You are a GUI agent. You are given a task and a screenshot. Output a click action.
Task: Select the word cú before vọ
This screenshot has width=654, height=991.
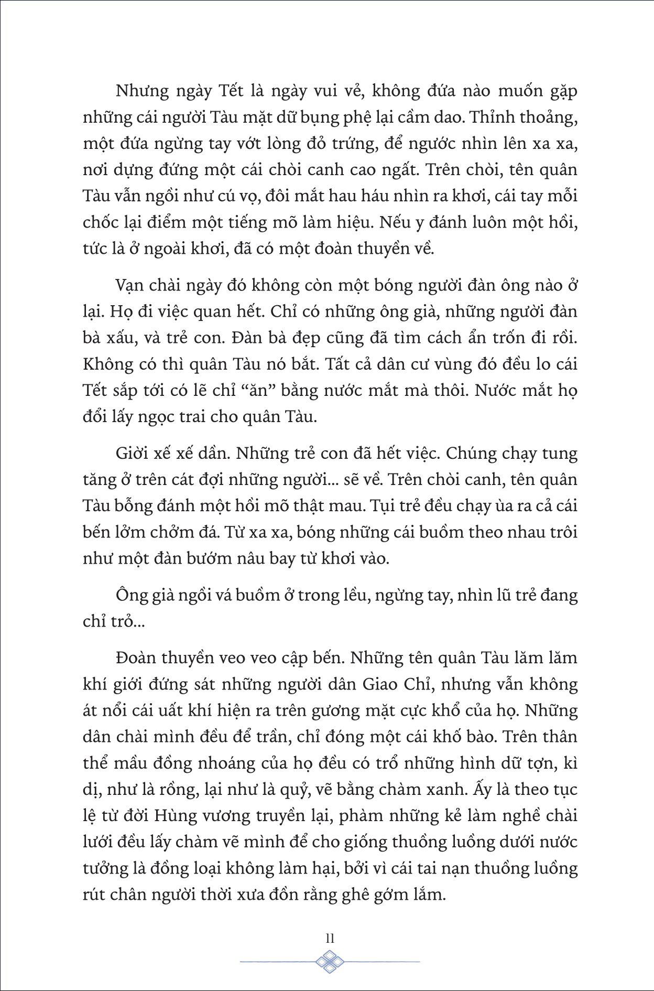(231, 196)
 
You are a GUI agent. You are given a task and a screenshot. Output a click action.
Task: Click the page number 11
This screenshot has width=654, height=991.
(330, 939)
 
